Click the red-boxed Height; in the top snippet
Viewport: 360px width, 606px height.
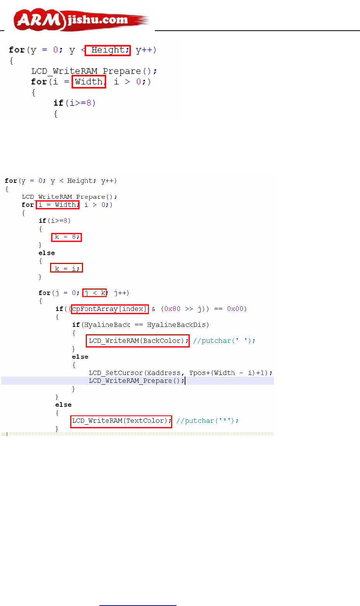click(107, 50)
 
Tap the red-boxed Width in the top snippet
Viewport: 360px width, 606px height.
click(89, 82)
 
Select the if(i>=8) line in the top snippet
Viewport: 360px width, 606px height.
click(74, 103)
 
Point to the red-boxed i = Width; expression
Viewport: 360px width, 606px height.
click(58, 205)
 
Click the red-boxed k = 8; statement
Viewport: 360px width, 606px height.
click(66, 237)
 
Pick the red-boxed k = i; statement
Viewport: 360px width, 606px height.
click(66, 268)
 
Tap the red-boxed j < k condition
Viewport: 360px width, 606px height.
click(94, 293)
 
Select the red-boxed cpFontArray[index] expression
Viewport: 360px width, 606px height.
click(109, 309)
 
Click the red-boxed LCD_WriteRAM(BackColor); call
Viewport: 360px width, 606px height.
click(138, 341)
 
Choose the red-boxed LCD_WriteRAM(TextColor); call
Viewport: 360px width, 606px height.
click(121, 421)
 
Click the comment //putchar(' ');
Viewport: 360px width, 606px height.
click(224, 341)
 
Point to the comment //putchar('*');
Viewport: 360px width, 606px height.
click(208, 421)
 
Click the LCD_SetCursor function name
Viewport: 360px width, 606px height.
click(116, 373)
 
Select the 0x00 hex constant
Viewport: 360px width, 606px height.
click(235, 309)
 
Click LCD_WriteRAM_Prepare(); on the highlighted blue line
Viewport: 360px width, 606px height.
click(136, 381)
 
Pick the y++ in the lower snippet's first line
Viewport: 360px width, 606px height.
click(108, 181)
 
